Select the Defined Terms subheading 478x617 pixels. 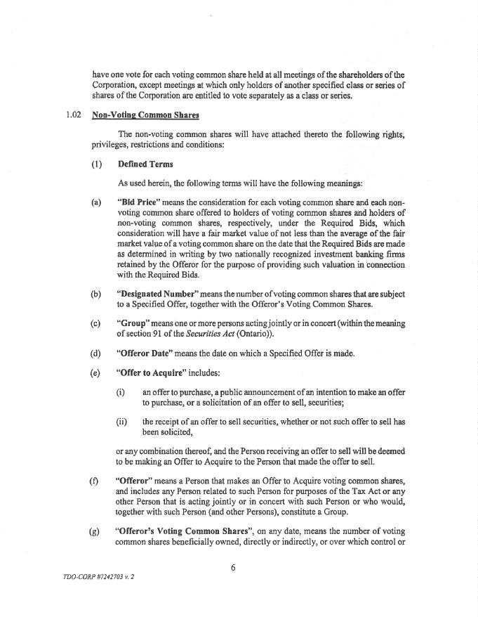145,164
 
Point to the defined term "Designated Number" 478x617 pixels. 156,293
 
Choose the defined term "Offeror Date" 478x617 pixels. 147,352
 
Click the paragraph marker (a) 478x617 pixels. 96,202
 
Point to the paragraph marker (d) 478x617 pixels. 96,352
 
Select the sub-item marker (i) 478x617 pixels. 121,391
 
